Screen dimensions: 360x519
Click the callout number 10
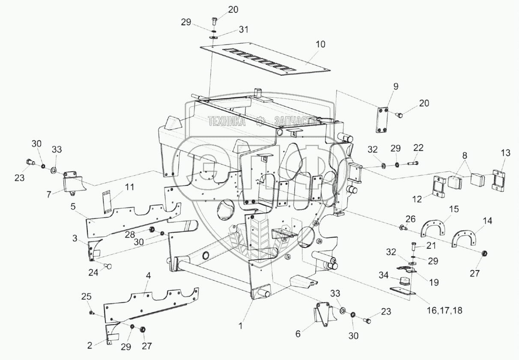click(x=320, y=44)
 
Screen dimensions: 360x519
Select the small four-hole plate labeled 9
click(x=382, y=120)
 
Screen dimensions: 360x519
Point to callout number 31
click(x=243, y=30)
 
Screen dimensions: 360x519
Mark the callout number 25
click(x=86, y=296)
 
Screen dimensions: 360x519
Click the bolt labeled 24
click(x=108, y=266)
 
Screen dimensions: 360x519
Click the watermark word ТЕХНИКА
click(x=227, y=122)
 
